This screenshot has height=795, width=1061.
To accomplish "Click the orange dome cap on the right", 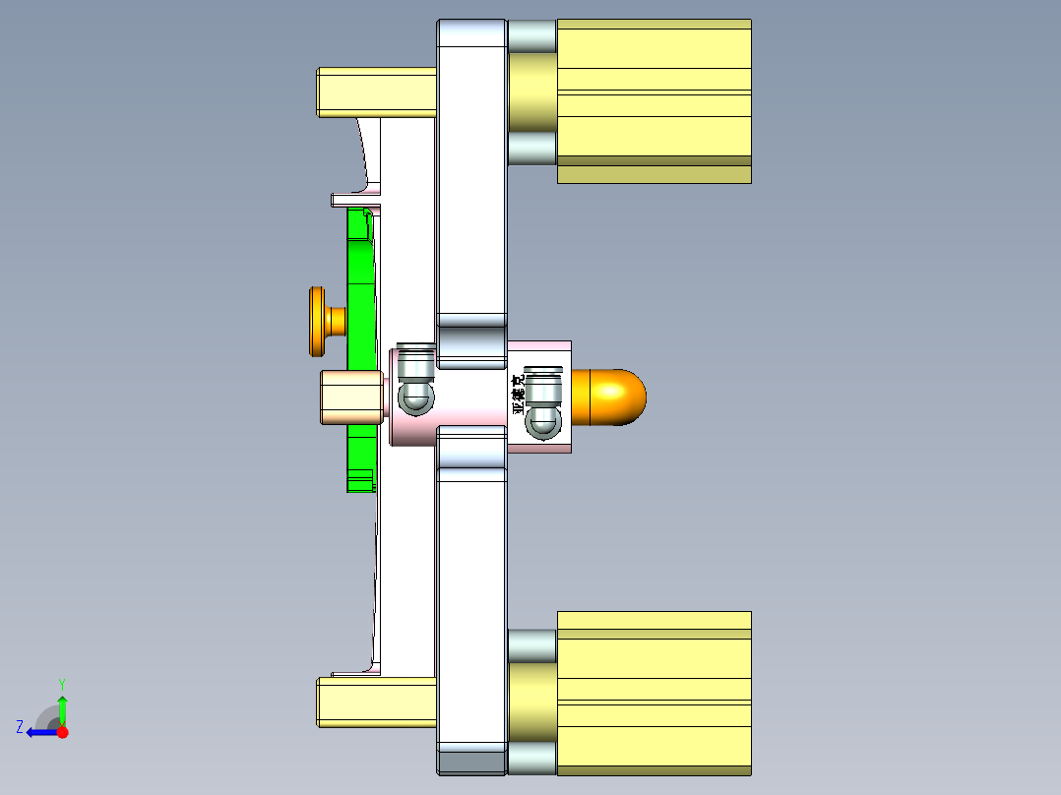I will [616, 397].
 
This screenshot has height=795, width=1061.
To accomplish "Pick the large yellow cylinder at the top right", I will [654, 100].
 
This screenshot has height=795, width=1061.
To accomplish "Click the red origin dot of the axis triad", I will [62, 732].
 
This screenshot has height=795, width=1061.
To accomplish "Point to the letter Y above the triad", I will [61, 683].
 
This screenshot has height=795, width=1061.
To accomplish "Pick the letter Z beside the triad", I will [20, 727].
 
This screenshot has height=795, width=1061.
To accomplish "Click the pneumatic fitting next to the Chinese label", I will [542, 403].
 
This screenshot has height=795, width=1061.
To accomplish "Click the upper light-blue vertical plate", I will [470, 177].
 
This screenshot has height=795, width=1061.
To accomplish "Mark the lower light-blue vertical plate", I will [470, 610].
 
